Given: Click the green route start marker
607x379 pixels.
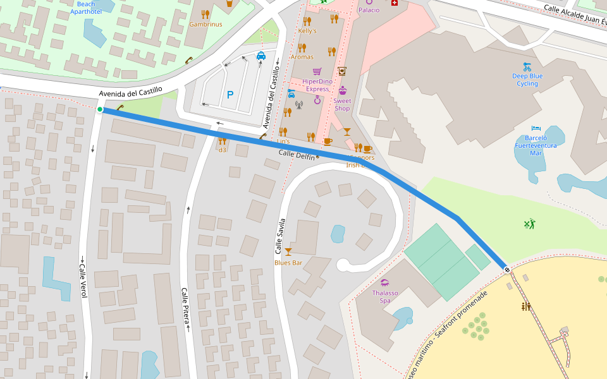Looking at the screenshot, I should tap(100, 109).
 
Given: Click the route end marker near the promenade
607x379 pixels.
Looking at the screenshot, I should tap(507, 270).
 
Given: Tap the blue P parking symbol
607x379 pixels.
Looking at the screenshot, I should tap(230, 95).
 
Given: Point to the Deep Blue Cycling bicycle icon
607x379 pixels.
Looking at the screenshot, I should tap(527, 66).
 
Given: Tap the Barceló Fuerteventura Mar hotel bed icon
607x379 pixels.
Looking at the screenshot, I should tap(536, 128).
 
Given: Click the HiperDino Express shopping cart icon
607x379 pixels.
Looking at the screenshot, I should tap(317, 71).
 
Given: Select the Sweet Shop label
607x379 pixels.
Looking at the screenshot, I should tap(342, 104).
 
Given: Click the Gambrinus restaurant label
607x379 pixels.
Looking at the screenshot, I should tap(205, 24).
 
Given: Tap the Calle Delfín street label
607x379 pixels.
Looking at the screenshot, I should tap(297, 154).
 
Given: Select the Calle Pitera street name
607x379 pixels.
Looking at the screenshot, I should tap(186, 307).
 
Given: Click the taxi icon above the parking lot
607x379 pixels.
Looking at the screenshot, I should tap(261, 56).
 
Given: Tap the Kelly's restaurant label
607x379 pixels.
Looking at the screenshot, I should tap(307, 30).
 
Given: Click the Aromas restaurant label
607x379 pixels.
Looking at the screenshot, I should tap(302, 57).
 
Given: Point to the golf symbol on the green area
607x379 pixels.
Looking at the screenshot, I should tap(529, 223).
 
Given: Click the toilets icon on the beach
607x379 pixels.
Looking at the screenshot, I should tap(525, 306).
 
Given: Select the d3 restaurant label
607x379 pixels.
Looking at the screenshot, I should tap(222, 150).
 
